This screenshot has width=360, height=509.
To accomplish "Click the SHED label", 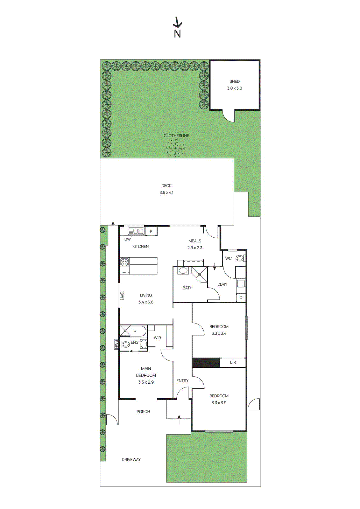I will coord(234,81).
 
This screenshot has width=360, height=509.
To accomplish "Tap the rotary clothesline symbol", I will coord(175,148).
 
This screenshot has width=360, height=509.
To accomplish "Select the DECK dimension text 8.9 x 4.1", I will coord(166,192).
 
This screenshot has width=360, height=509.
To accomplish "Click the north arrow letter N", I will coord(177,34).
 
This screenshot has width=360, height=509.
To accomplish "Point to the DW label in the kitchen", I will coord(127,239).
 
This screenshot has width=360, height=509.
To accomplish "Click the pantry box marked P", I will coord(151,232).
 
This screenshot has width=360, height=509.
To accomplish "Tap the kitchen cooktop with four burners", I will coord(124,262).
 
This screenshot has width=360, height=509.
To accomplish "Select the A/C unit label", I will coord(122,295).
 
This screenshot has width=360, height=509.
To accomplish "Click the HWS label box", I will coord(116,344).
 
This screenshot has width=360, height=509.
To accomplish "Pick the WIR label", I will coord(157,338).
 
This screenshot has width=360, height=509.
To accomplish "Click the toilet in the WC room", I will coord(240,258).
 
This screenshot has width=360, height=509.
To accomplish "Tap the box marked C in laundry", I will coord(241,298).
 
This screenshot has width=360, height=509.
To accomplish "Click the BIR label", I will coord(233,362).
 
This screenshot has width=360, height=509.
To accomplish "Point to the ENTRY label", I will coord(182,381).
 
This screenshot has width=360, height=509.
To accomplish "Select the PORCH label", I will coord(143,412).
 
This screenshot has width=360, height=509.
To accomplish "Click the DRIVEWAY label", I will coord(131,459).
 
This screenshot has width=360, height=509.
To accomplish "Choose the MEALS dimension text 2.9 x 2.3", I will coord(195,248).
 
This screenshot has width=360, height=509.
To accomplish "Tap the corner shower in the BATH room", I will coord(200,274).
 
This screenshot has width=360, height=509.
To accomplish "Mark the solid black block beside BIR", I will coord(206,363).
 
